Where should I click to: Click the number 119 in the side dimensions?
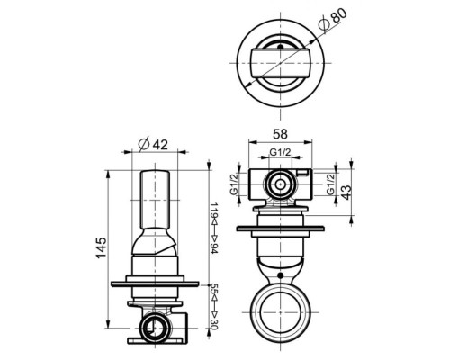click(x=213, y=212)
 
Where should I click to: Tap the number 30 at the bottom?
click(x=213, y=322)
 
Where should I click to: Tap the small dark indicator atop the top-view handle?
click(x=280, y=42)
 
